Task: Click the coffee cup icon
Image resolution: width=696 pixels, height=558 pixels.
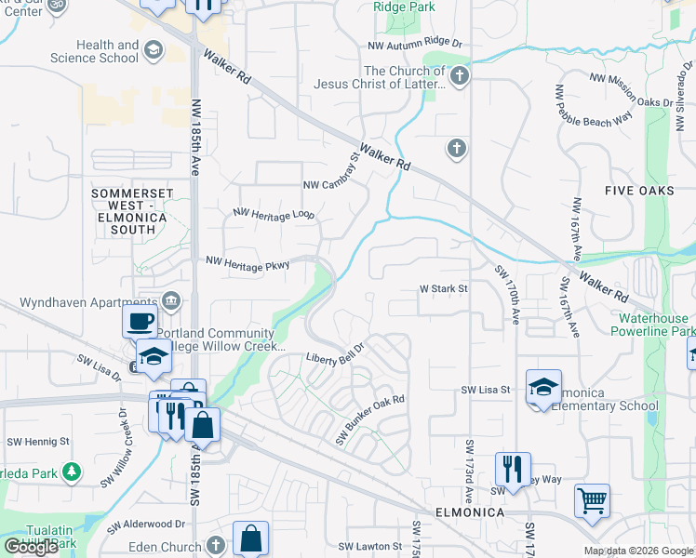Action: tap(140, 321)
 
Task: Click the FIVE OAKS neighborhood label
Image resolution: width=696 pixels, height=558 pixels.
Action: tap(638, 191)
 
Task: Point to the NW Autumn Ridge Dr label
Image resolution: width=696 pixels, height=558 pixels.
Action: tap(415, 44)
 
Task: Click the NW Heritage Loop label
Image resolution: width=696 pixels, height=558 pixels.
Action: tap(274, 214)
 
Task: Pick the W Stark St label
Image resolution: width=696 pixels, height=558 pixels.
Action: tap(443, 288)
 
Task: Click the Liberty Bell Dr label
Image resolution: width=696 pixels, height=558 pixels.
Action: tap(335, 355)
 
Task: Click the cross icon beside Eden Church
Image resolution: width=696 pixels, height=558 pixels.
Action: tap(216, 545)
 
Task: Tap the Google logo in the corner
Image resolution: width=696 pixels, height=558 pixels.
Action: tap(31, 547)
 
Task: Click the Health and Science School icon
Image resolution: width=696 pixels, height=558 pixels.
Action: tap(153, 51)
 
